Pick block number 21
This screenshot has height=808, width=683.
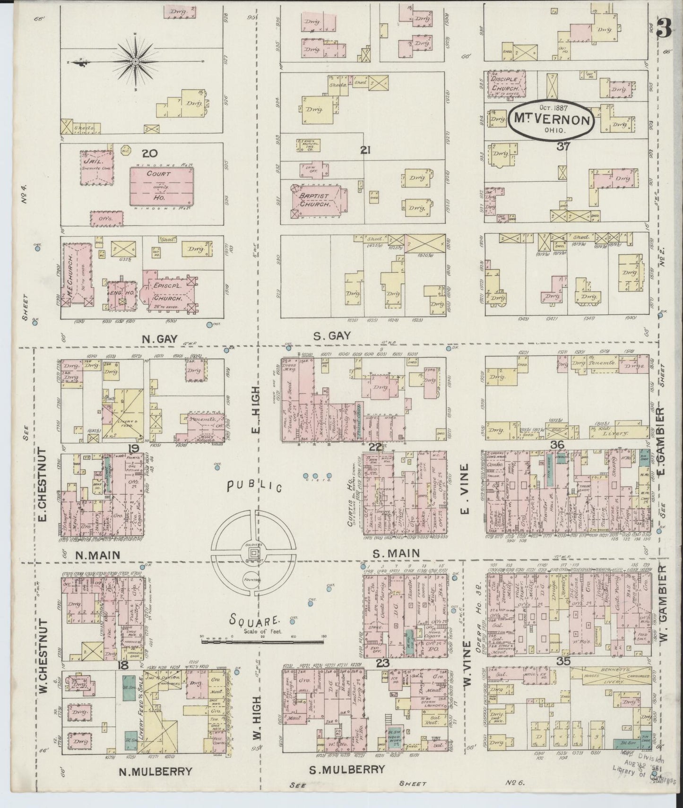(x=364, y=150)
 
